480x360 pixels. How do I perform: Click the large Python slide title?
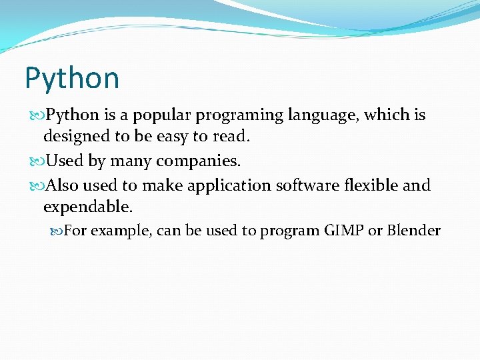click(x=72, y=79)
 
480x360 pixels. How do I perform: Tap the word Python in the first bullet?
click(x=73, y=115)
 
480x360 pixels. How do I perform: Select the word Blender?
click(x=413, y=231)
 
